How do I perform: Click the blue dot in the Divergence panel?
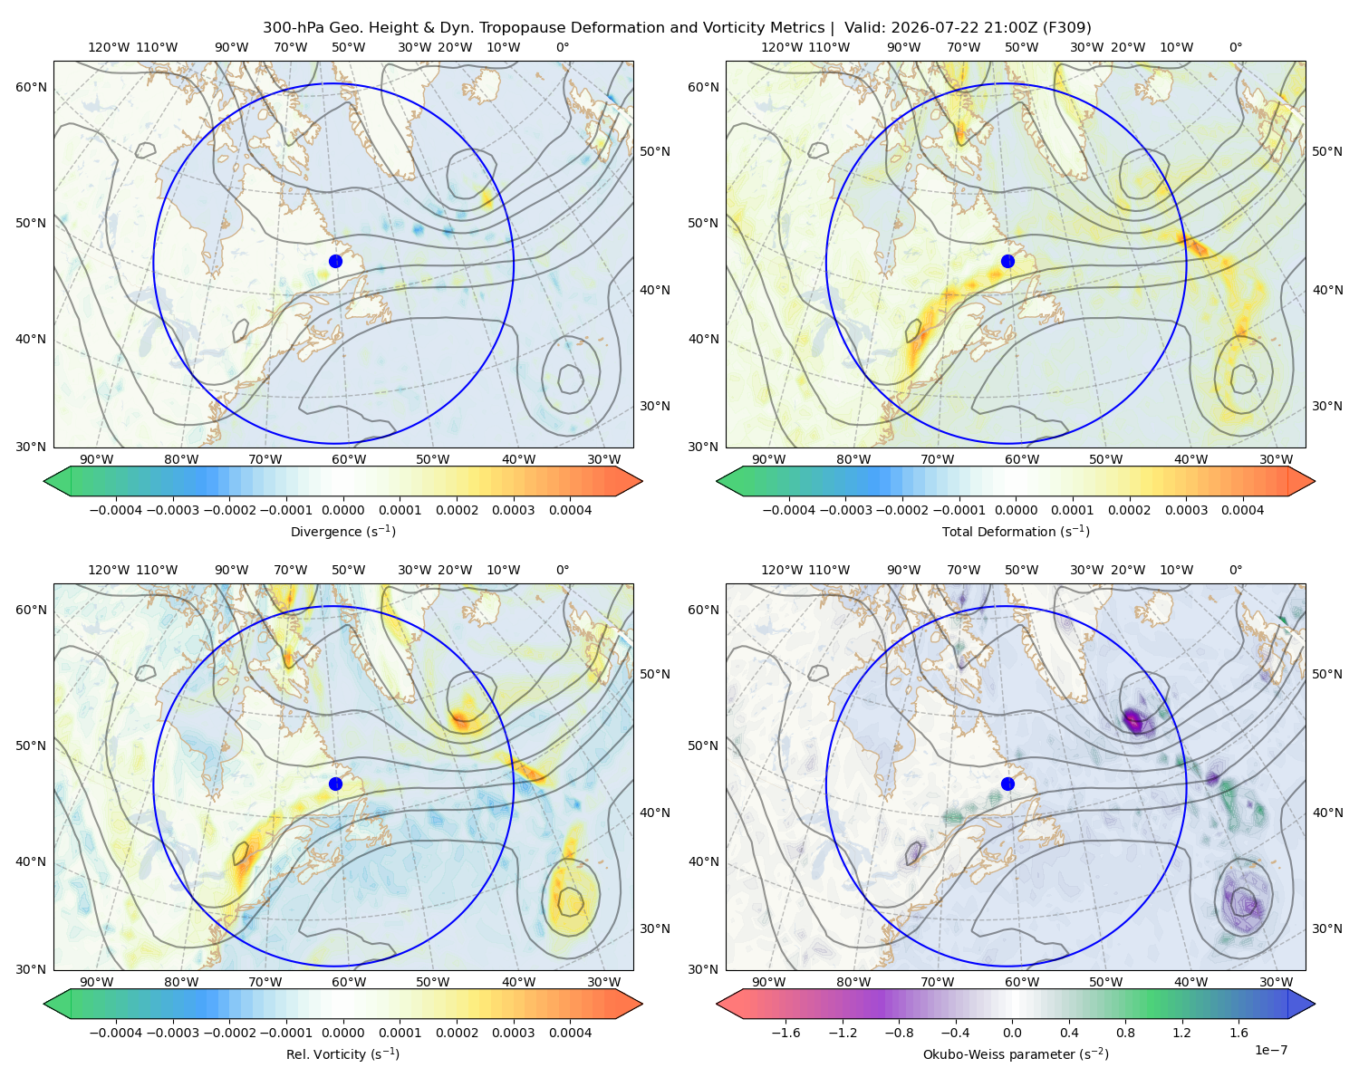click(x=335, y=261)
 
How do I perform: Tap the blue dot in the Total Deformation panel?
click(x=1007, y=261)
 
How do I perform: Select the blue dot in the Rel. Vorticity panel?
click(x=335, y=784)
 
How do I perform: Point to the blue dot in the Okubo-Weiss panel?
click(x=1007, y=784)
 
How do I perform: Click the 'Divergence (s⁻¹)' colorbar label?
click(x=342, y=531)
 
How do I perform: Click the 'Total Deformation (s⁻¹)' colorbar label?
click(x=1016, y=531)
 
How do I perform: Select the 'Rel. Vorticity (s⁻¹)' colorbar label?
click(x=342, y=1053)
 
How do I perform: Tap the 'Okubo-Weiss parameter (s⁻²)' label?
click(x=1016, y=1053)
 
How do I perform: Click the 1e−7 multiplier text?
click(x=1270, y=1050)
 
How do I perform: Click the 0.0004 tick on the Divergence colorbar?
click(x=570, y=510)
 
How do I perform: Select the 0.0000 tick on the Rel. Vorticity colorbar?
click(x=342, y=1033)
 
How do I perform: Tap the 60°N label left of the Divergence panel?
click(x=31, y=87)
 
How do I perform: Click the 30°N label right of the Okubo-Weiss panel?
click(x=1327, y=928)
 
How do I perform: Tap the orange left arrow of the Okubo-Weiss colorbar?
click(x=729, y=1004)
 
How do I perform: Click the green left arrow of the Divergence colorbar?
click(x=57, y=481)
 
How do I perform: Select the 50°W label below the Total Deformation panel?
click(x=1105, y=459)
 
